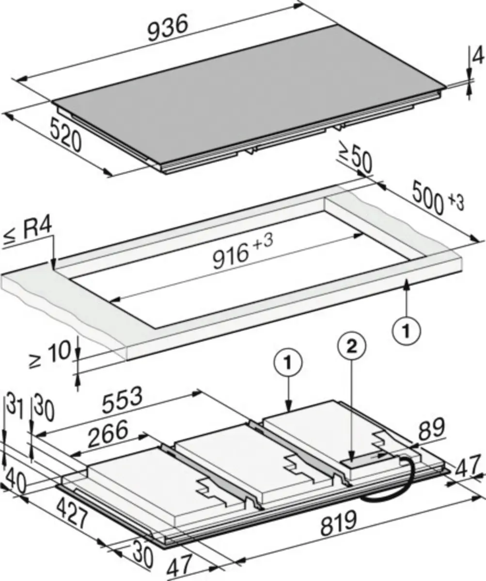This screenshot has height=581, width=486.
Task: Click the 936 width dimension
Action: click(x=168, y=29)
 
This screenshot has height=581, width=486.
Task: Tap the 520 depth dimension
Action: click(x=66, y=137)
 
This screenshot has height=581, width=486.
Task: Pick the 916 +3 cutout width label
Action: click(x=242, y=252)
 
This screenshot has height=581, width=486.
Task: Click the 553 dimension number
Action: click(x=122, y=399)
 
